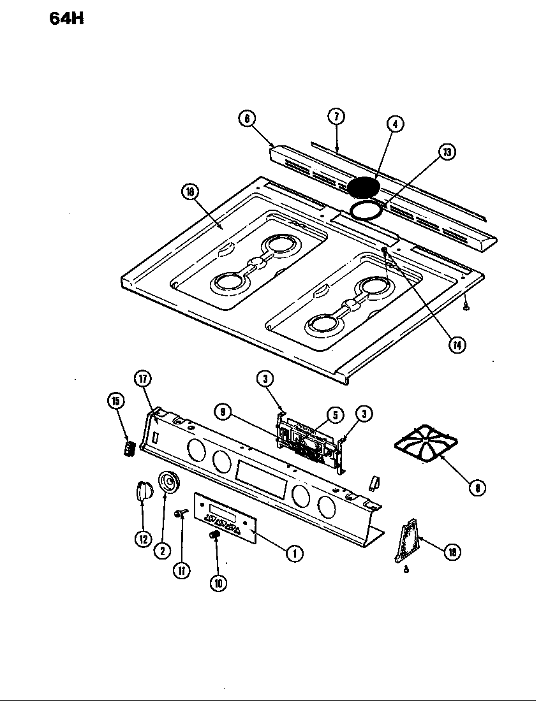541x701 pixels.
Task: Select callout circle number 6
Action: pos(247,117)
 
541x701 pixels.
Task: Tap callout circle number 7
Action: pos(336,116)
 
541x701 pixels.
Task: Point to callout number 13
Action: pos(448,152)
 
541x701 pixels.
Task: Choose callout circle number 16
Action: pos(190,192)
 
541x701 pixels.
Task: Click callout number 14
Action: pos(456,345)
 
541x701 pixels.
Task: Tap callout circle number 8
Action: pos(476,489)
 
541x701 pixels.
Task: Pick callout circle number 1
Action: pos(294,553)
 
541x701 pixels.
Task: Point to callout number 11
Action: pos(182,570)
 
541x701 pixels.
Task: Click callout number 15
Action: pos(116,401)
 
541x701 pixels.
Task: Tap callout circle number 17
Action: pos(142,379)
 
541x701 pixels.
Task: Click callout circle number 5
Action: pos(332,415)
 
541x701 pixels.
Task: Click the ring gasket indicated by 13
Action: pos(366,210)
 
